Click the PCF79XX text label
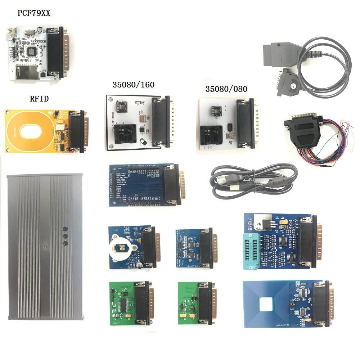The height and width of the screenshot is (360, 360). [34, 14]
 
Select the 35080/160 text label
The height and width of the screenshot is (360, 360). [133, 85]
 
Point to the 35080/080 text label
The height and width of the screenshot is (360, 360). [226, 89]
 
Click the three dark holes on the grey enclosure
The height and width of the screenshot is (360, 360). [66, 236]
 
